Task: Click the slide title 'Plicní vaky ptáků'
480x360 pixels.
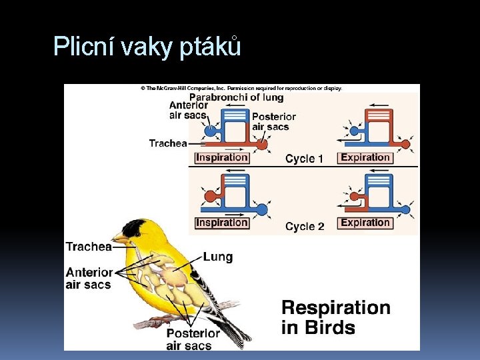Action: tap(147, 47)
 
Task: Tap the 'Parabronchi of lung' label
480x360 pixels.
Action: tap(236, 97)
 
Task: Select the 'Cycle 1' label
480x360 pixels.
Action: tap(304, 159)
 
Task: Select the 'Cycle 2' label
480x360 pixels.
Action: tap(305, 226)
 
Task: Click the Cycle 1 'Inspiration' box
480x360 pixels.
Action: tap(221, 158)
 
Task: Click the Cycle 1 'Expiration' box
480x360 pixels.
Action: tap(365, 158)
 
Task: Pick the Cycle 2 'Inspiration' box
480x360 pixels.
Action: tap(221, 223)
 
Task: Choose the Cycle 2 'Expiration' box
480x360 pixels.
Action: tap(365, 223)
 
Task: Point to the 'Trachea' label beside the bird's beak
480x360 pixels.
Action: tap(89, 247)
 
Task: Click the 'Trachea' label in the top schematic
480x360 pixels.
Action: tap(168, 143)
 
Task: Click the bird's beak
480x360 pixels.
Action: tap(120, 237)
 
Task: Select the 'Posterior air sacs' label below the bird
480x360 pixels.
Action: tap(193, 339)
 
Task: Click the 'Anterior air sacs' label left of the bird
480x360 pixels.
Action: tap(88, 278)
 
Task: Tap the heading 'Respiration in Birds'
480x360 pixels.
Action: tap(335, 317)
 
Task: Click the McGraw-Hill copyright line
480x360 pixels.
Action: tap(241, 88)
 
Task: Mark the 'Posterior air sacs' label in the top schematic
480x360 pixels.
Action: tap(273, 121)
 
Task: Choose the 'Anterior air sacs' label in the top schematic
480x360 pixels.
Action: tap(188, 110)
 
